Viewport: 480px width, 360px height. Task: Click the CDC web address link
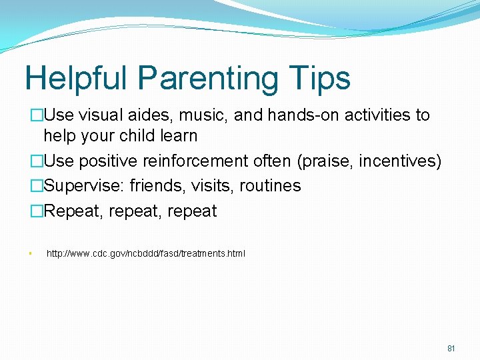(x=145, y=253)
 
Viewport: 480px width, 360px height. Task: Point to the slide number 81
(x=451, y=349)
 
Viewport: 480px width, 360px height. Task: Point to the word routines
(x=271, y=186)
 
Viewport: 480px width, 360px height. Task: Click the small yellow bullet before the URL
(x=31, y=254)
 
